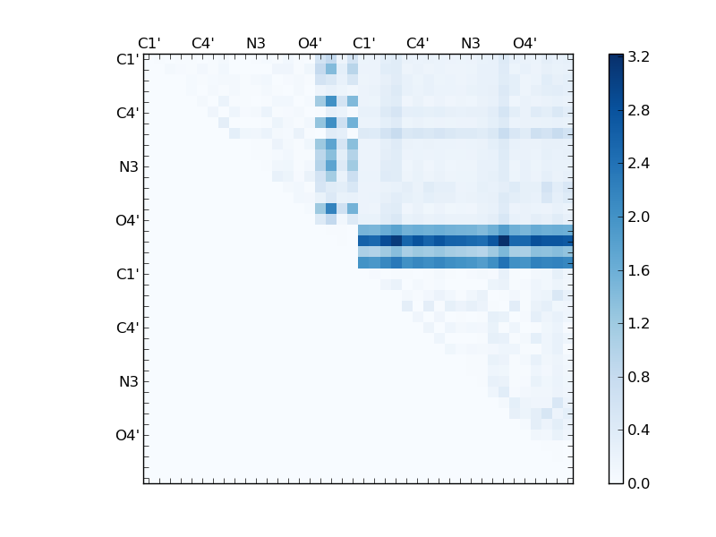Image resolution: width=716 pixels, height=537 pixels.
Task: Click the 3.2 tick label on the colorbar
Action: point(638,56)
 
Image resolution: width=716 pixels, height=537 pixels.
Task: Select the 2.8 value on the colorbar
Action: point(638,110)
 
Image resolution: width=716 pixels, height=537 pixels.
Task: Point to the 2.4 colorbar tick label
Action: point(638,164)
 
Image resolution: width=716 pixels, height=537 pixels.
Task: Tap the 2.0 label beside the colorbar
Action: point(638,217)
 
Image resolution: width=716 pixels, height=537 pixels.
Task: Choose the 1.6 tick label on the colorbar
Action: point(638,270)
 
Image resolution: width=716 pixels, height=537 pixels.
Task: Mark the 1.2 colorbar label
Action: point(638,323)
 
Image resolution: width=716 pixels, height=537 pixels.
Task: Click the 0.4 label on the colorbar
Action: point(638,430)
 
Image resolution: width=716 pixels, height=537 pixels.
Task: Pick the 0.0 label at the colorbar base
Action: point(638,483)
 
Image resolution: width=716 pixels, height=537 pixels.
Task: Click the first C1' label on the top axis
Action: point(149,43)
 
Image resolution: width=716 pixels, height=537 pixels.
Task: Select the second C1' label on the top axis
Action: point(363,43)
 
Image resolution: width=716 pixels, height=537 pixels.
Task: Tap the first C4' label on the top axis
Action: point(202,43)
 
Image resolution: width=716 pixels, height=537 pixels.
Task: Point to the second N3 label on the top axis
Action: point(471,43)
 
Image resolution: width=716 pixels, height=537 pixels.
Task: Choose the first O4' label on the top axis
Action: point(310,43)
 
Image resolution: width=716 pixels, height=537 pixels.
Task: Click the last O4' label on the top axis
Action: point(524,43)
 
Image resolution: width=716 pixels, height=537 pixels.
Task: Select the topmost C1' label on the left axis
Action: point(127,60)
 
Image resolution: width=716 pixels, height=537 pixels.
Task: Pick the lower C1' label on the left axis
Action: point(127,275)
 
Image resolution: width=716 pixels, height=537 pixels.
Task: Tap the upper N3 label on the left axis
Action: point(129,167)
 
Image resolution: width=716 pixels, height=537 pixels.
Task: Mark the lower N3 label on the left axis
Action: point(129,382)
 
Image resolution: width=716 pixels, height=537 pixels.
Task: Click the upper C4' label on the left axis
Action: point(127,114)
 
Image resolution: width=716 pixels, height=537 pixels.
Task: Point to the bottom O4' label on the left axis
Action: point(127,436)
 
